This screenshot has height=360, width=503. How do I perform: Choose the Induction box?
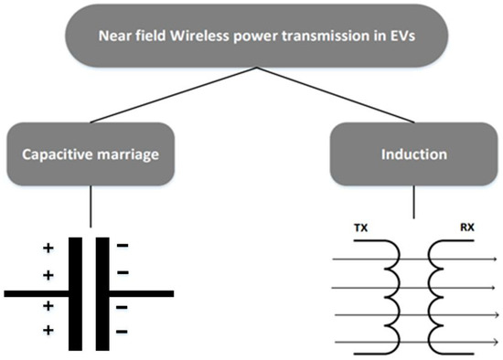click(x=414, y=154)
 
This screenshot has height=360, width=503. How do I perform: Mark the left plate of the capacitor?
click(x=77, y=292)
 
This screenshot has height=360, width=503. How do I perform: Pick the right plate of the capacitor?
click(x=102, y=292)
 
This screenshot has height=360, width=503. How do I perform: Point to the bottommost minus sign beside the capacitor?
click(x=124, y=329)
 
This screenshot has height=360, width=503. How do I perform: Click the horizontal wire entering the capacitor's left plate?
click(x=37, y=294)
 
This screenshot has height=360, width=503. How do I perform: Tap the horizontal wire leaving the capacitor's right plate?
click(x=142, y=294)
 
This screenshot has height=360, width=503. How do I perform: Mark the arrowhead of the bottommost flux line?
click(x=495, y=343)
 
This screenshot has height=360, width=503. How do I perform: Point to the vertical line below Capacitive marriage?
click(x=90, y=205)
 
